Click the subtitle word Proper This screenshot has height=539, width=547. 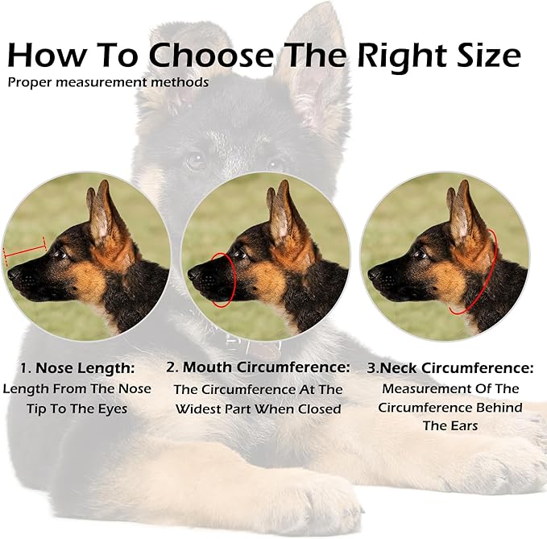click(28, 82)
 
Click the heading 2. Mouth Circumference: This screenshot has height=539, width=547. click(258, 367)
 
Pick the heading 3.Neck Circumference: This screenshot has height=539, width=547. click(450, 368)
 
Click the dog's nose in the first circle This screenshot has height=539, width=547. click(13, 274)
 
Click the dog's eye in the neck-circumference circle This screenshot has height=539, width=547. click(420, 255)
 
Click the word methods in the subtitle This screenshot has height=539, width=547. click(186, 82)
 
